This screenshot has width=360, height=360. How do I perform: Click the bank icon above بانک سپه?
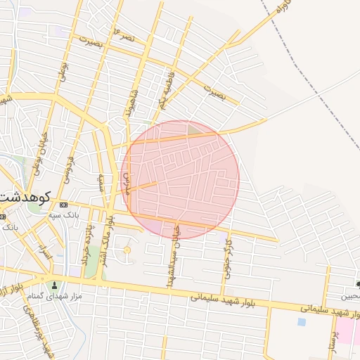(64, 205)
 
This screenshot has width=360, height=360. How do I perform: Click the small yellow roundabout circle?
(127, 250)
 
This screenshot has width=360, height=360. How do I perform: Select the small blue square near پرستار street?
(302, 322)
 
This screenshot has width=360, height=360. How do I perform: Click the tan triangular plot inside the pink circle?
(195, 129)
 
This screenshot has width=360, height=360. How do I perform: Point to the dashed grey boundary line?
(309, 70)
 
